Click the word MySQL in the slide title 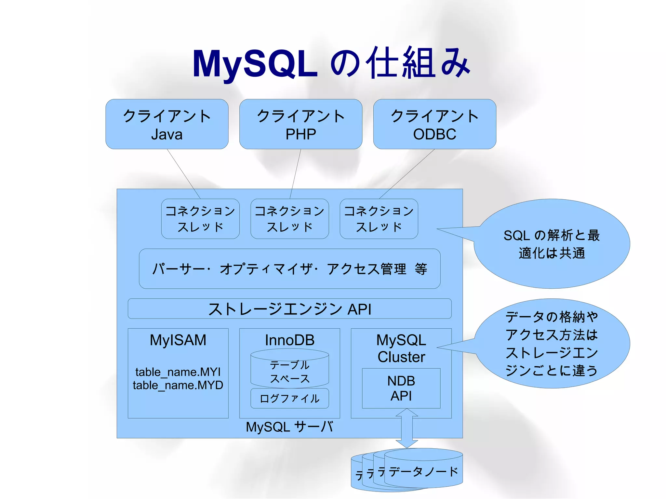click(x=255, y=64)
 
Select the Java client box click(x=167, y=124)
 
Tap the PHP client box click(x=301, y=124)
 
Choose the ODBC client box click(x=434, y=124)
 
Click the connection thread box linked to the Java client click(x=200, y=219)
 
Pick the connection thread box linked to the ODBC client click(x=379, y=219)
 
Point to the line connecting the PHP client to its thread click(x=295, y=174)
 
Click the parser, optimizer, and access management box click(x=289, y=269)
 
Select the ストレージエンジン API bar click(x=289, y=309)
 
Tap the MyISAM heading click(x=178, y=340)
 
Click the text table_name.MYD click(x=178, y=386)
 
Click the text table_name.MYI click(x=178, y=372)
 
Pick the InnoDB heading click(x=289, y=340)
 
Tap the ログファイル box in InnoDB click(x=289, y=399)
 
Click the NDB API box click(x=401, y=388)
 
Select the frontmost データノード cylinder click(x=423, y=471)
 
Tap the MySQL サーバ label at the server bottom click(x=289, y=427)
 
